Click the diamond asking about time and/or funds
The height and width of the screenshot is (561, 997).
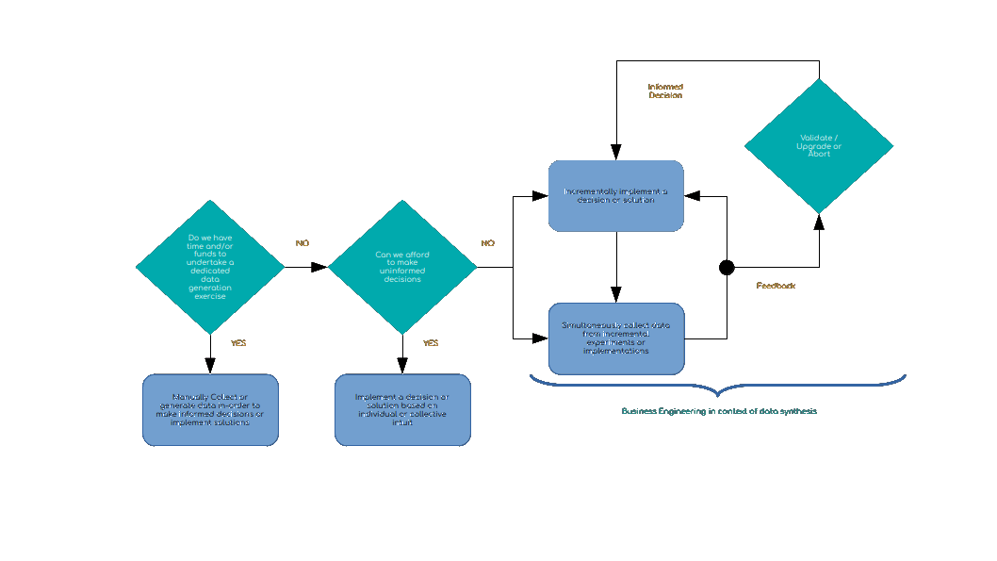(x=209, y=267)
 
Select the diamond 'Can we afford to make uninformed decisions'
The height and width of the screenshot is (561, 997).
(x=402, y=267)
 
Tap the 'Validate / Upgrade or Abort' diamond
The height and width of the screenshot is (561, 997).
(x=819, y=145)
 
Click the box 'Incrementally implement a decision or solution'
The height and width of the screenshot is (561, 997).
(x=616, y=196)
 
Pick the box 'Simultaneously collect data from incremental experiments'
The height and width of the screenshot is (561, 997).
(x=616, y=338)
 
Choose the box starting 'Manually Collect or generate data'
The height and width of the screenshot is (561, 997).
(x=210, y=410)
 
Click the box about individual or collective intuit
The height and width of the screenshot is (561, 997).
(x=402, y=410)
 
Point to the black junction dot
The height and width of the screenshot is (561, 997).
(x=727, y=268)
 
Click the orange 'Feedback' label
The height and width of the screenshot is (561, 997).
(x=776, y=286)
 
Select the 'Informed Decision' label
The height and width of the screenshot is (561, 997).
(x=665, y=91)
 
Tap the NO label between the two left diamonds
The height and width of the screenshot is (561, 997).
(x=302, y=243)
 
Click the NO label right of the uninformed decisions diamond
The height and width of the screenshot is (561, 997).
(x=487, y=243)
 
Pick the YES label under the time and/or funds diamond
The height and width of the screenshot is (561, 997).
(x=238, y=343)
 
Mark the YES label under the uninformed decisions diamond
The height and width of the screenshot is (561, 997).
(x=431, y=343)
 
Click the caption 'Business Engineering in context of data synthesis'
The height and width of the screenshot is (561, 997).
(x=718, y=411)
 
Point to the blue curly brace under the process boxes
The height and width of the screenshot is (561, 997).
(x=716, y=386)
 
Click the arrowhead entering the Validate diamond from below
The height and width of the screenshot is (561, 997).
(x=819, y=222)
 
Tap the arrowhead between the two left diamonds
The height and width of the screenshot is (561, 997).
(x=319, y=267)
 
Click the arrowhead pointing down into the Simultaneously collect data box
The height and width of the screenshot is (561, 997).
(x=616, y=295)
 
